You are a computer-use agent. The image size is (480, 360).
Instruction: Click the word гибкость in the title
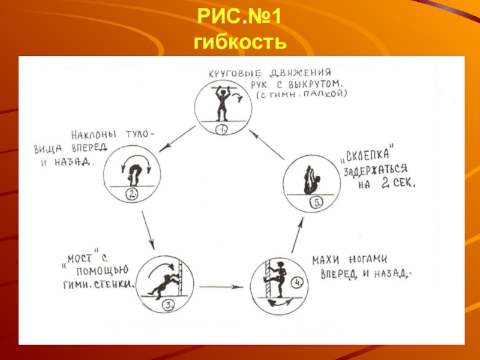(x=239, y=43)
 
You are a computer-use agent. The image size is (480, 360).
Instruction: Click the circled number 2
(x=132, y=193)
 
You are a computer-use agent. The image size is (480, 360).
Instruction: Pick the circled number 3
(x=168, y=305)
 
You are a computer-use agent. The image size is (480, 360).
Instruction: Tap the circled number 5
(x=316, y=202)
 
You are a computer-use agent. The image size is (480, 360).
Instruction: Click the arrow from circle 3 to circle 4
(x=222, y=287)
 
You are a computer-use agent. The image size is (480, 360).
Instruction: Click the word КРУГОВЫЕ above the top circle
(x=230, y=75)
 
